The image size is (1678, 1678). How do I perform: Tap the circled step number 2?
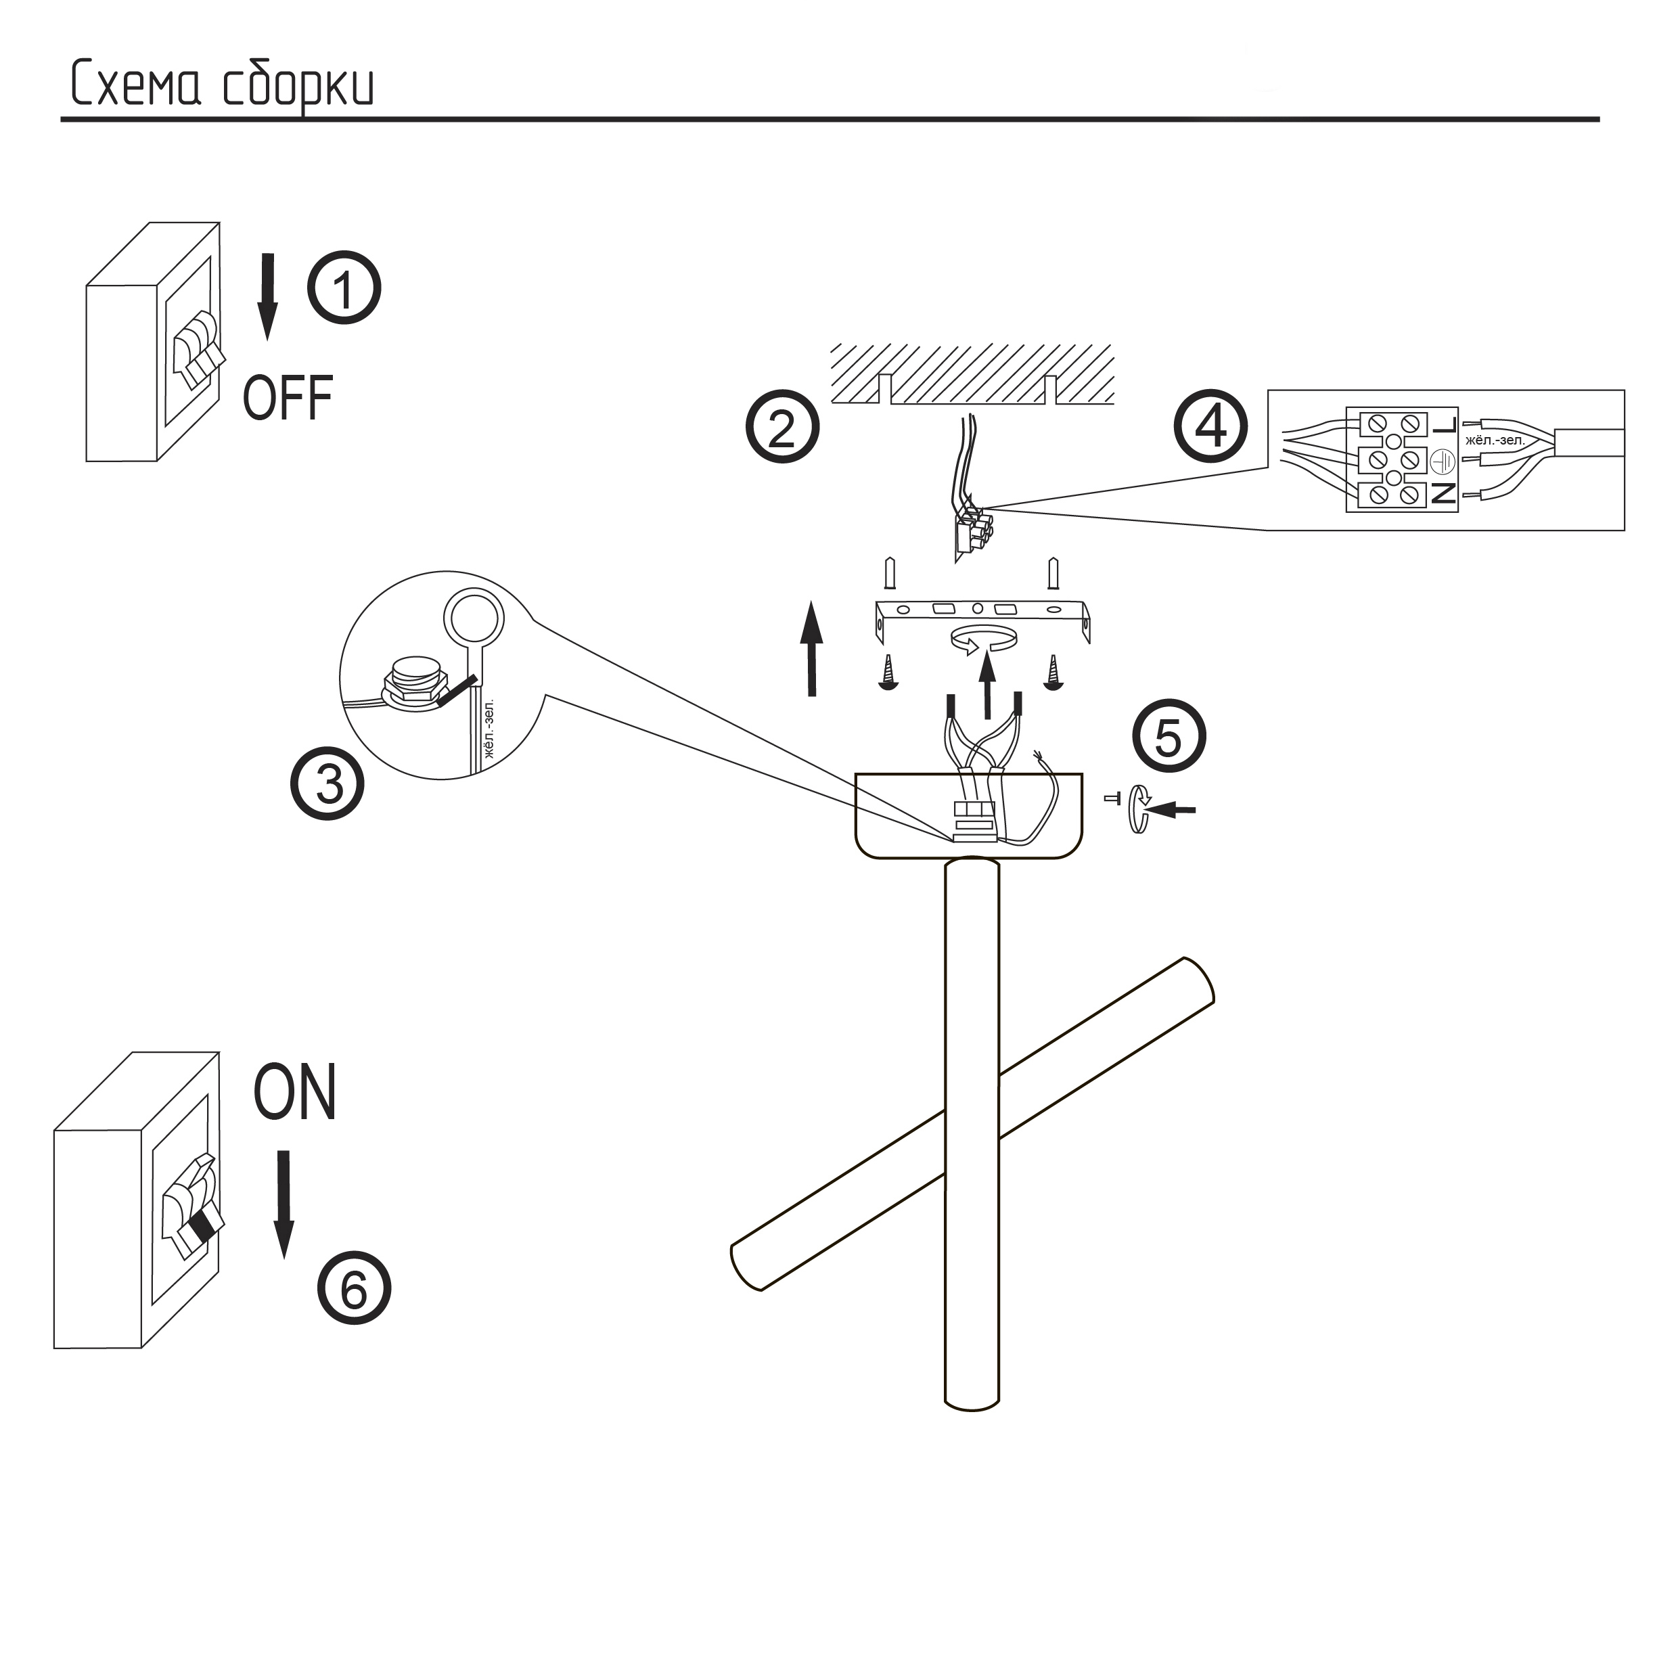781,428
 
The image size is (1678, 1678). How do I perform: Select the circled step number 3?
328,784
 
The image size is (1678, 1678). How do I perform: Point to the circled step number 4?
1210,428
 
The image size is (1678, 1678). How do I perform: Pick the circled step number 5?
1169,738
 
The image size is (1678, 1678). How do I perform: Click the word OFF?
288,399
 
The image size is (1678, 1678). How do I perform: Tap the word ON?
294,1093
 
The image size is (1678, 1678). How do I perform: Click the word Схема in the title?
135,85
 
